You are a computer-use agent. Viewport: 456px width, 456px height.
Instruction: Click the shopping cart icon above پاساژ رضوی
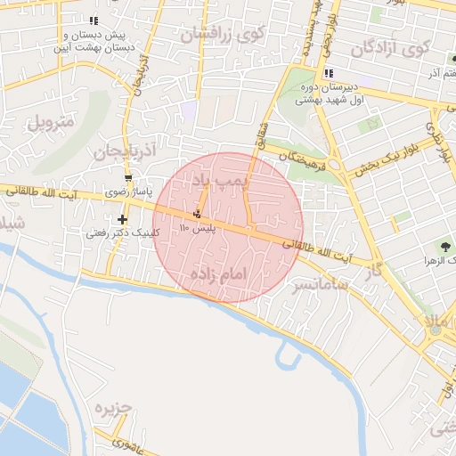[x=129, y=178]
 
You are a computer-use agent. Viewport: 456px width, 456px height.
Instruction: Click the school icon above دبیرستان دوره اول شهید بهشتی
[x=329, y=73]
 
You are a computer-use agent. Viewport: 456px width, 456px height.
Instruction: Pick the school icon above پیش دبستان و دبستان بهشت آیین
[x=94, y=20]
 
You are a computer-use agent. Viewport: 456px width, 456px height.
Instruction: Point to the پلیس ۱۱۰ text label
[x=198, y=229]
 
